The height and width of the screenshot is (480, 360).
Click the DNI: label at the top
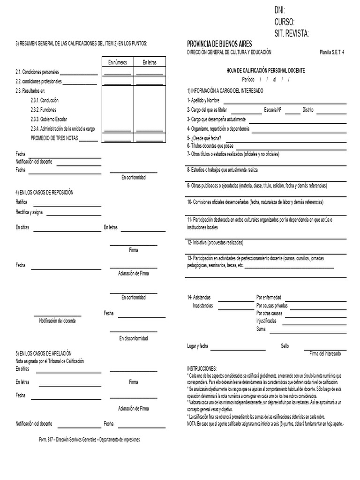(x=279, y=11)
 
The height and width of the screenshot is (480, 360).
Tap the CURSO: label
(x=284, y=22)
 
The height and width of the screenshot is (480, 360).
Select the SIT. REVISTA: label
(x=292, y=33)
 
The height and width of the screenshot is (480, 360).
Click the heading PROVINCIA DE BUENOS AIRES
(x=219, y=44)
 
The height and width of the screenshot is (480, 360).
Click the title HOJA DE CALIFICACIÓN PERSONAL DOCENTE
(x=265, y=70)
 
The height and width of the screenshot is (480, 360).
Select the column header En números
(x=117, y=62)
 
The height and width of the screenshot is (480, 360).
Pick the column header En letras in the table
(x=150, y=62)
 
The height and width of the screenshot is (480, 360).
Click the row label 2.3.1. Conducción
(x=45, y=100)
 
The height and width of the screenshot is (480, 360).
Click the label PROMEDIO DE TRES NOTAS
(x=54, y=138)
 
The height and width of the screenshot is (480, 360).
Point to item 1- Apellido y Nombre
(x=203, y=100)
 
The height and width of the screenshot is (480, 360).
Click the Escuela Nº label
(x=272, y=110)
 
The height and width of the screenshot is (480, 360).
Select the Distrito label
(x=307, y=110)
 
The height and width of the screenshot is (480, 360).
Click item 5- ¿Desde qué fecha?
(x=204, y=139)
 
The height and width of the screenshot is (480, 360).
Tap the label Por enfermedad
(x=269, y=297)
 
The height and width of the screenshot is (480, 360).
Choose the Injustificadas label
(x=266, y=321)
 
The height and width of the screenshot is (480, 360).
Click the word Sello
(x=285, y=346)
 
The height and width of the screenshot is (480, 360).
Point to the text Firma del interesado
(x=325, y=353)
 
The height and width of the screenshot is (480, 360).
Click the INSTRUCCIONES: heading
(x=202, y=369)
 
